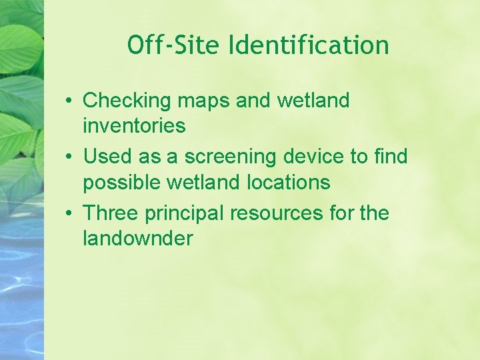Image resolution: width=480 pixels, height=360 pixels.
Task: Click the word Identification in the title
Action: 309,45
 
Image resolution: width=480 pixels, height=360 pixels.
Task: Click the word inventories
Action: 134,125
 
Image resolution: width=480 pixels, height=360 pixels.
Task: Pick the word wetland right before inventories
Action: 312,101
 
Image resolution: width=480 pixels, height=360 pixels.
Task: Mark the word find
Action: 391,157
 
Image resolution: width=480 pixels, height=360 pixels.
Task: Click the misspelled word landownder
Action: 137,238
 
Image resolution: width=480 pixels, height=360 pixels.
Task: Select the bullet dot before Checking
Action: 69,101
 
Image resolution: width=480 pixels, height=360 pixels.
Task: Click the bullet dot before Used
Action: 69,157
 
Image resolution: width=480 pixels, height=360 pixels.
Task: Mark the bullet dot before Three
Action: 69,214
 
